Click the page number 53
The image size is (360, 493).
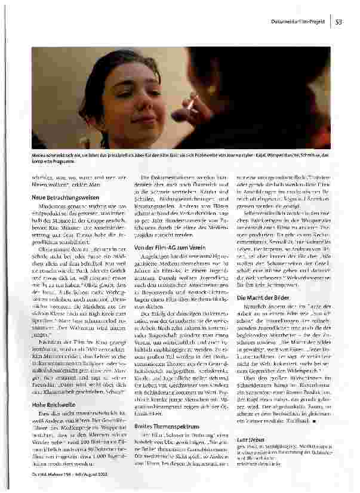(x=338, y=23)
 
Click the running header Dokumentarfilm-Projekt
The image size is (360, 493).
(x=298, y=23)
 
